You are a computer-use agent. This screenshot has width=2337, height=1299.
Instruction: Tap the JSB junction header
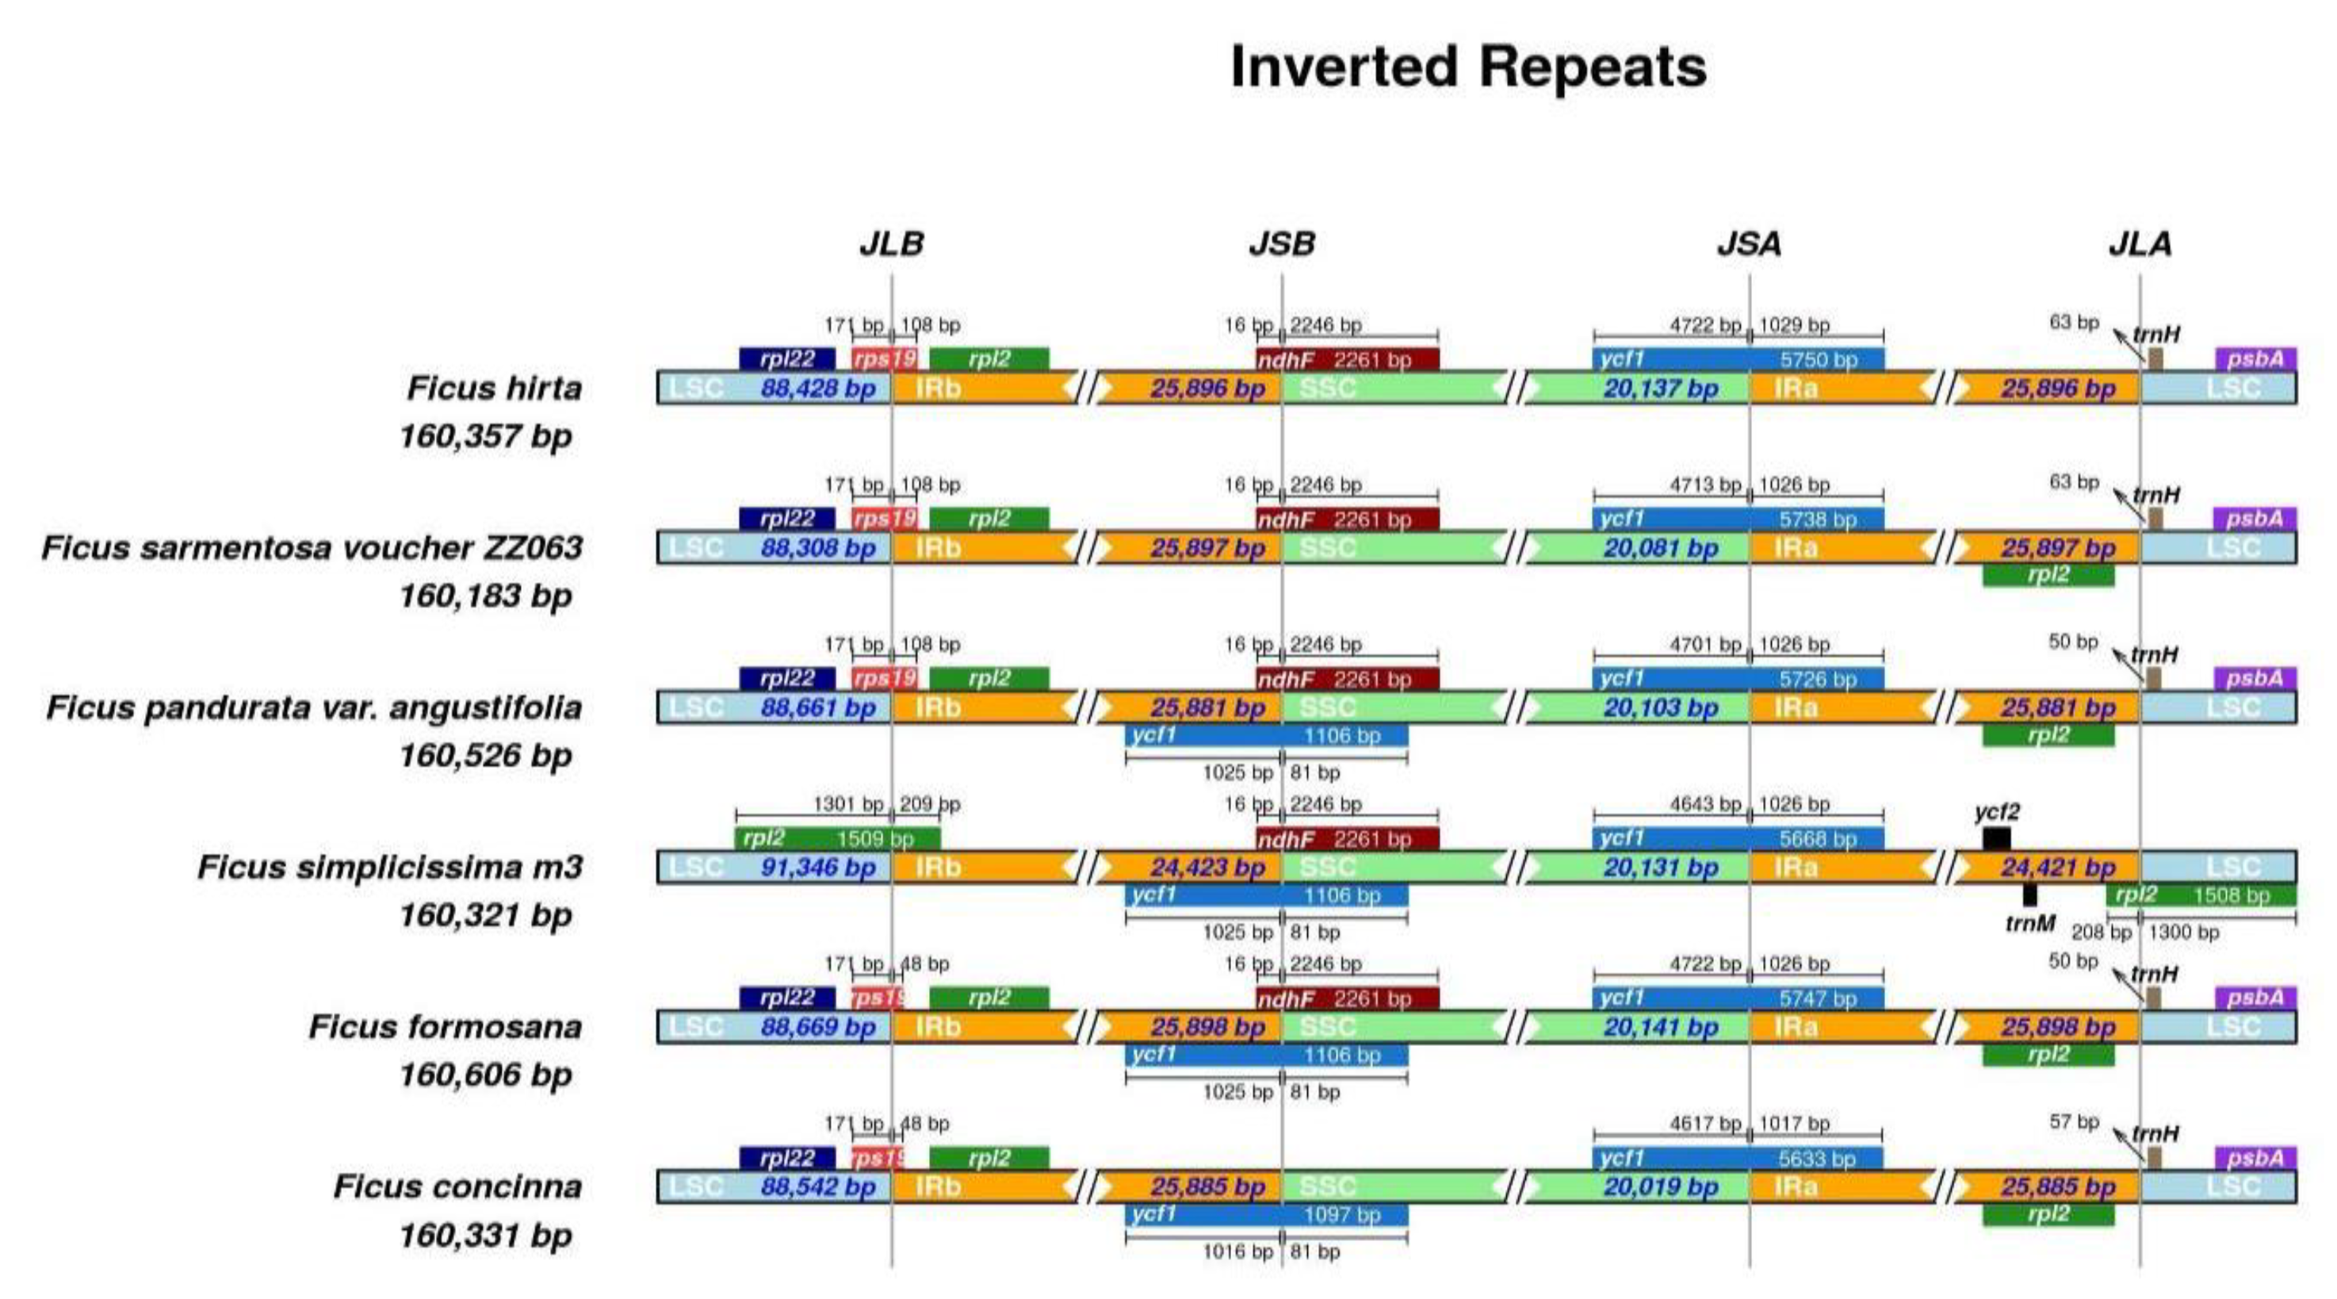click(1281, 243)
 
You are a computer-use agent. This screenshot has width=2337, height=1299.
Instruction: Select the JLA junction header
click(2140, 243)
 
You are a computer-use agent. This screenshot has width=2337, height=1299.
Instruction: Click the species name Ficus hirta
click(494, 389)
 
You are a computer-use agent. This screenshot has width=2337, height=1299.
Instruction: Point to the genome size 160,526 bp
click(485, 755)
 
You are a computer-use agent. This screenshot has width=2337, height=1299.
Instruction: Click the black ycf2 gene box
click(1996, 839)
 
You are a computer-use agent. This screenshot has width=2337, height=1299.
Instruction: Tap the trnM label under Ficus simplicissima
click(2029, 924)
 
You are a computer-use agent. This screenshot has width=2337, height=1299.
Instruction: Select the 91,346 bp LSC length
click(817, 868)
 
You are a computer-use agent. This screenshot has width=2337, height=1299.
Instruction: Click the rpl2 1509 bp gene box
click(836, 838)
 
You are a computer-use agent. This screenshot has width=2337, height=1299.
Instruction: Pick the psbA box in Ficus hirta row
click(2255, 358)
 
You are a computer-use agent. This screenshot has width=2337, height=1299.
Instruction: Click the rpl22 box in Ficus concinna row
click(786, 1159)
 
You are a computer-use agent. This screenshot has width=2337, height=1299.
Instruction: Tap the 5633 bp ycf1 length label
click(1817, 1159)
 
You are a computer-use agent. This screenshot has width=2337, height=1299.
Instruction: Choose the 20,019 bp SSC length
click(1660, 1187)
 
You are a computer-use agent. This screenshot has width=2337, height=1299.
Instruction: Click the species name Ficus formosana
click(445, 1027)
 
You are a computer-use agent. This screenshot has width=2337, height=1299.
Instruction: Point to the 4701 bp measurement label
click(1704, 645)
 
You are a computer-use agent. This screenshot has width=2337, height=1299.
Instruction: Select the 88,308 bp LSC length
click(817, 548)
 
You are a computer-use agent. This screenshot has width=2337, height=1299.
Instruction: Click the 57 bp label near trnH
click(2074, 1122)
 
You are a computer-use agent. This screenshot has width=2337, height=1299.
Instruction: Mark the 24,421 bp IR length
click(2058, 868)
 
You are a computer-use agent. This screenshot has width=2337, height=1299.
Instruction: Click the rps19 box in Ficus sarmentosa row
click(884, 519)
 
